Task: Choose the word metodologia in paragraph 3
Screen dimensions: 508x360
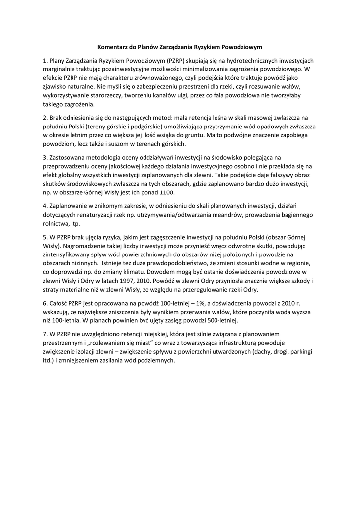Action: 101,158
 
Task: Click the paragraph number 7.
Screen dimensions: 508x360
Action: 44,334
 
